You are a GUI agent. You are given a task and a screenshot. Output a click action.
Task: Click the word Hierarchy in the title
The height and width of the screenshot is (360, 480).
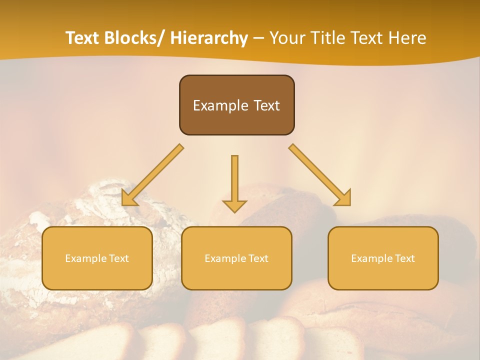tap(209, 38)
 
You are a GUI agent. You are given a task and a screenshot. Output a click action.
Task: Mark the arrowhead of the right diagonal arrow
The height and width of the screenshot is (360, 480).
tap(343, 198)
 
